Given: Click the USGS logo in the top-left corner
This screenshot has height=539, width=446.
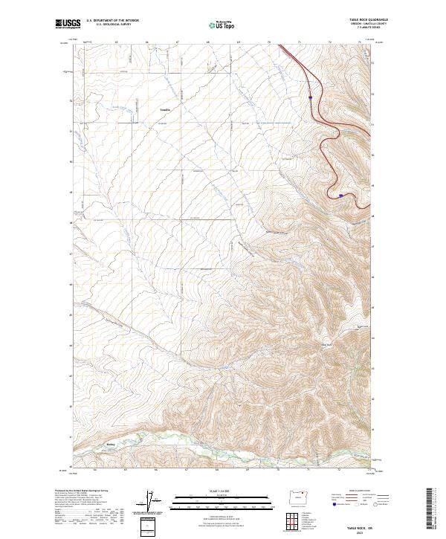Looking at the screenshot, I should click(68, 24).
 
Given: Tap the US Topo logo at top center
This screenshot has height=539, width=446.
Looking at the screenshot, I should click(224, 25).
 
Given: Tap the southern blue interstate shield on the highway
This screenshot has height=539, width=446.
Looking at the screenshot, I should click(340, 196).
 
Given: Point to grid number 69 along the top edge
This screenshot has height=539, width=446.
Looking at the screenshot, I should click(239, 42).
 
